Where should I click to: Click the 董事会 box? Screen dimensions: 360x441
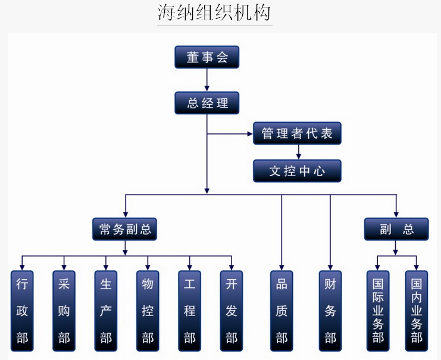(x=207, y=57)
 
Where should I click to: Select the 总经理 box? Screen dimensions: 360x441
(x=207, y=102)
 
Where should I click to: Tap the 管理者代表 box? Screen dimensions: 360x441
(x=297, y=133)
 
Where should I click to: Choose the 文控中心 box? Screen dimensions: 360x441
(x=297, y=171)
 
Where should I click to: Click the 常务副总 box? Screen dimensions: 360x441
(x=124, y=229)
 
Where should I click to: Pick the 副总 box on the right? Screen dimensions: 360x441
(x=396, y=229)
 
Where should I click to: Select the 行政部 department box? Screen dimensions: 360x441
(x=22, y=310)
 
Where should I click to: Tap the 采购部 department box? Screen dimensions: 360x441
(x=64, y=310)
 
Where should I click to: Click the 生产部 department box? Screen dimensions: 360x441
(x=106, y=310)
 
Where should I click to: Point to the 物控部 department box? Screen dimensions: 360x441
(x=148, y=310)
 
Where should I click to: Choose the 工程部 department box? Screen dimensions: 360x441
(x=189, y=310)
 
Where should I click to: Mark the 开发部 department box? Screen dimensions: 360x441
(x=232, y=310)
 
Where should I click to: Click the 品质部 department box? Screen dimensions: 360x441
(x=282, y=310)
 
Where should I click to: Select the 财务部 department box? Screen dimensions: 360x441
(x=330, y=310)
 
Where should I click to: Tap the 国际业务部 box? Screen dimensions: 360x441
(x=377, y=310)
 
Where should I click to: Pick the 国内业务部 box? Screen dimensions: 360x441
(x=417, y=310)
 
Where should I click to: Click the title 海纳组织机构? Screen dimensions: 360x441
(x=215, y=12)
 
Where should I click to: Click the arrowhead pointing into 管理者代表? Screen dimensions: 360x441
(x=249, y=134)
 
